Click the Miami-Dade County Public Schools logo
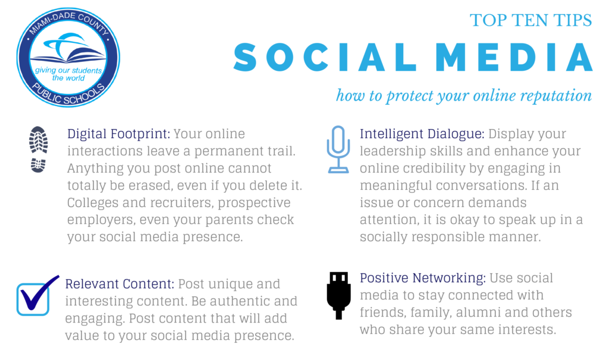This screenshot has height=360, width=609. tap(68, 58)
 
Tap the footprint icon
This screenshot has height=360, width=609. tap(38, 149)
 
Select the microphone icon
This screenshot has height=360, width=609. tap(338, 149)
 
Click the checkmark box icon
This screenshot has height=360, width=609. tap(37, 296)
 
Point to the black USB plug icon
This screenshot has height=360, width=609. tap(338, 296)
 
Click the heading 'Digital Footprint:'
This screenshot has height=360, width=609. tap(118, 134)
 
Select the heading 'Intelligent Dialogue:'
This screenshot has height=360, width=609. tap(422, 134)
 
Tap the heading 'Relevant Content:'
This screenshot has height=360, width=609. tap(120, 284)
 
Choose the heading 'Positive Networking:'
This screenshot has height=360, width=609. tap(423, 278)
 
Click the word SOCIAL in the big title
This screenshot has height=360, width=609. tap(325, 57)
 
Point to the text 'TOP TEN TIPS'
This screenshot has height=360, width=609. tap(531, 20)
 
